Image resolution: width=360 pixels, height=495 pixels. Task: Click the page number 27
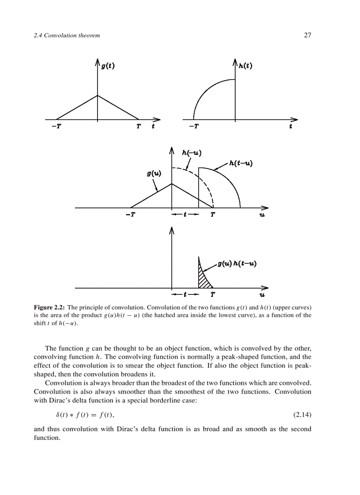click(307, 35)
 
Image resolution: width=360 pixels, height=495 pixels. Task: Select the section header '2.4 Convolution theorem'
click(67, 35)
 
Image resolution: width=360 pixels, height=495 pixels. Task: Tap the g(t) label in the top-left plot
click(109, 66)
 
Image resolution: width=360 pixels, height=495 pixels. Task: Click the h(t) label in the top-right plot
click(246, 66)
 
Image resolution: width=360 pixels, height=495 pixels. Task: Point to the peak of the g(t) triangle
click(97, 95)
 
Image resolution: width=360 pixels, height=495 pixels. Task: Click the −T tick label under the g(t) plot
click(56, 127)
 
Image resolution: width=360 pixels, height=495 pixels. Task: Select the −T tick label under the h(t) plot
click(193, 127)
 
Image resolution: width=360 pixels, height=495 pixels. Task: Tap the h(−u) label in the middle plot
click(191, 153)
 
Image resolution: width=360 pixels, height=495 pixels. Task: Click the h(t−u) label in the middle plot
click(240, 163)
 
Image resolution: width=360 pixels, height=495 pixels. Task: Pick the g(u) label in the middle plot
click(154, 174)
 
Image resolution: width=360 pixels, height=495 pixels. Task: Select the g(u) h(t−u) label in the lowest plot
click(237, 264)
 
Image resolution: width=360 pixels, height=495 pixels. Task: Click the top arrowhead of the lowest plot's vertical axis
click(172, 231)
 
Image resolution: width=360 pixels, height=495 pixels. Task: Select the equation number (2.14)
click(302, 415)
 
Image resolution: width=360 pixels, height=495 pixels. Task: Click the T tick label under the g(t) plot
click(139, 127)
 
